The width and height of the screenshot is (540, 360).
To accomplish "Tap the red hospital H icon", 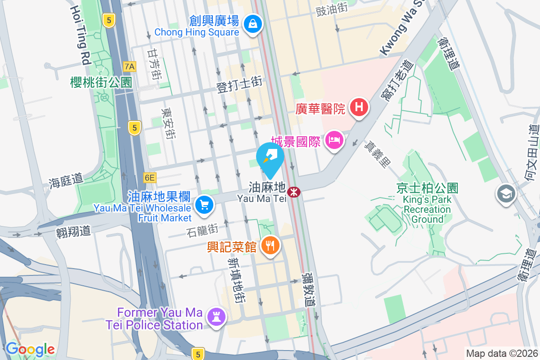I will coord(359,108).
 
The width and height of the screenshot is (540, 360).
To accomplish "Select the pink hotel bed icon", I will coord(334,140).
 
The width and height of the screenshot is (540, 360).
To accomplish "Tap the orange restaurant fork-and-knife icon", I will coord(270,245).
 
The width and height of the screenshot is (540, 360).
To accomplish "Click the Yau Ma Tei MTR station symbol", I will coord(294,192).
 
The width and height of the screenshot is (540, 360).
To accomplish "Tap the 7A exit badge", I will coord(130,67).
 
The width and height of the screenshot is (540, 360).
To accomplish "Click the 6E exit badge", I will coord(149,178).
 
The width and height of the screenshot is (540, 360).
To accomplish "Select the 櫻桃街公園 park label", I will coord(101,82).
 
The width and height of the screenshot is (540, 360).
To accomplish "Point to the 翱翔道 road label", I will coord(73,232).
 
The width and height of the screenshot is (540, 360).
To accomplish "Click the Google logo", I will coord(30,349).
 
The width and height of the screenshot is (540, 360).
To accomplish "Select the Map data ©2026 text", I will coord(501,353).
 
